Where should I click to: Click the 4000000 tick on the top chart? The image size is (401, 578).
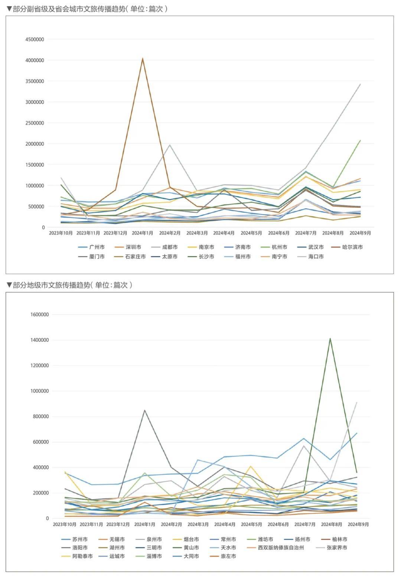35,60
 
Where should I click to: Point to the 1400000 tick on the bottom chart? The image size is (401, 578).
39,340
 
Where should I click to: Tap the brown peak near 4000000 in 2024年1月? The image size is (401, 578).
143,58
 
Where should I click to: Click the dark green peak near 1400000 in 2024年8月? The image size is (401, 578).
330,338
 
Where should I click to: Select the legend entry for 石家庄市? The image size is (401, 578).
135,256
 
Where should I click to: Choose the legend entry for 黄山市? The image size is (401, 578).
191,548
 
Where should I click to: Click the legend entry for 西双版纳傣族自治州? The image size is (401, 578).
281,548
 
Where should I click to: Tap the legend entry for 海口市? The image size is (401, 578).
316,256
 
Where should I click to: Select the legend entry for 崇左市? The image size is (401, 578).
228,556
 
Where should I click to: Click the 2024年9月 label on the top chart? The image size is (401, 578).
360,233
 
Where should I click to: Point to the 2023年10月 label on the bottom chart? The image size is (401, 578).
65,524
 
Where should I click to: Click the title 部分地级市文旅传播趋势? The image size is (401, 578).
51,285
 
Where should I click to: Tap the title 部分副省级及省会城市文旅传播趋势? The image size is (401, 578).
69,9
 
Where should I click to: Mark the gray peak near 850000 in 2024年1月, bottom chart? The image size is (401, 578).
144,410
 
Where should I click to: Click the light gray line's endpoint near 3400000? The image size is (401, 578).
360,84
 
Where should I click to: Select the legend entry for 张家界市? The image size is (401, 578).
336,548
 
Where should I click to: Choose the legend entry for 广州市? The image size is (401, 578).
97,247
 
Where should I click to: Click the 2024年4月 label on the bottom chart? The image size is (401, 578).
225,524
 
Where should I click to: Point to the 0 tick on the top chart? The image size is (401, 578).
43,227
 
